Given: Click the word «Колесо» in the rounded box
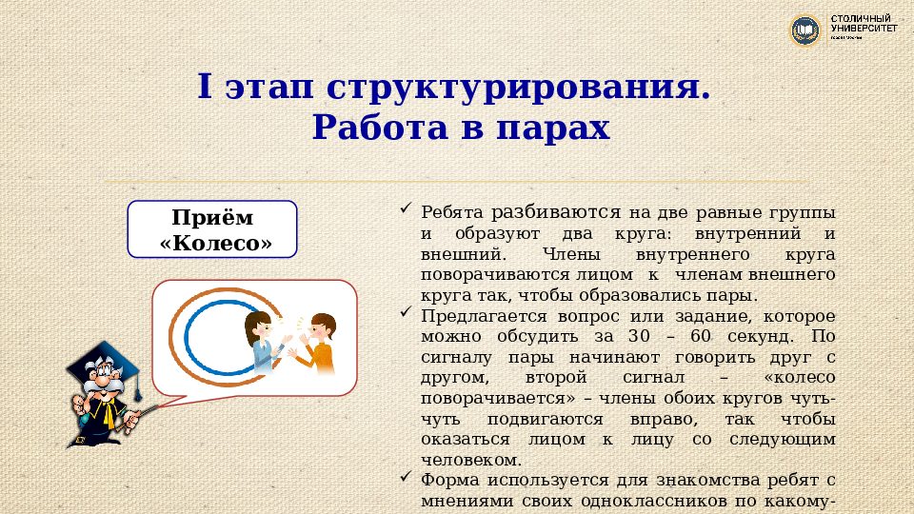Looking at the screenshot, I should coord(216,243).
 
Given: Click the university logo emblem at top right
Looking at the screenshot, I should coord(806,30).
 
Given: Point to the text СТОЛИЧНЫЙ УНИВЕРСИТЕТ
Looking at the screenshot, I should coord(864,25).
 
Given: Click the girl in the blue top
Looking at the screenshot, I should coord(262,343).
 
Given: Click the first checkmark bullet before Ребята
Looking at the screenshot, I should coord(406,209).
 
